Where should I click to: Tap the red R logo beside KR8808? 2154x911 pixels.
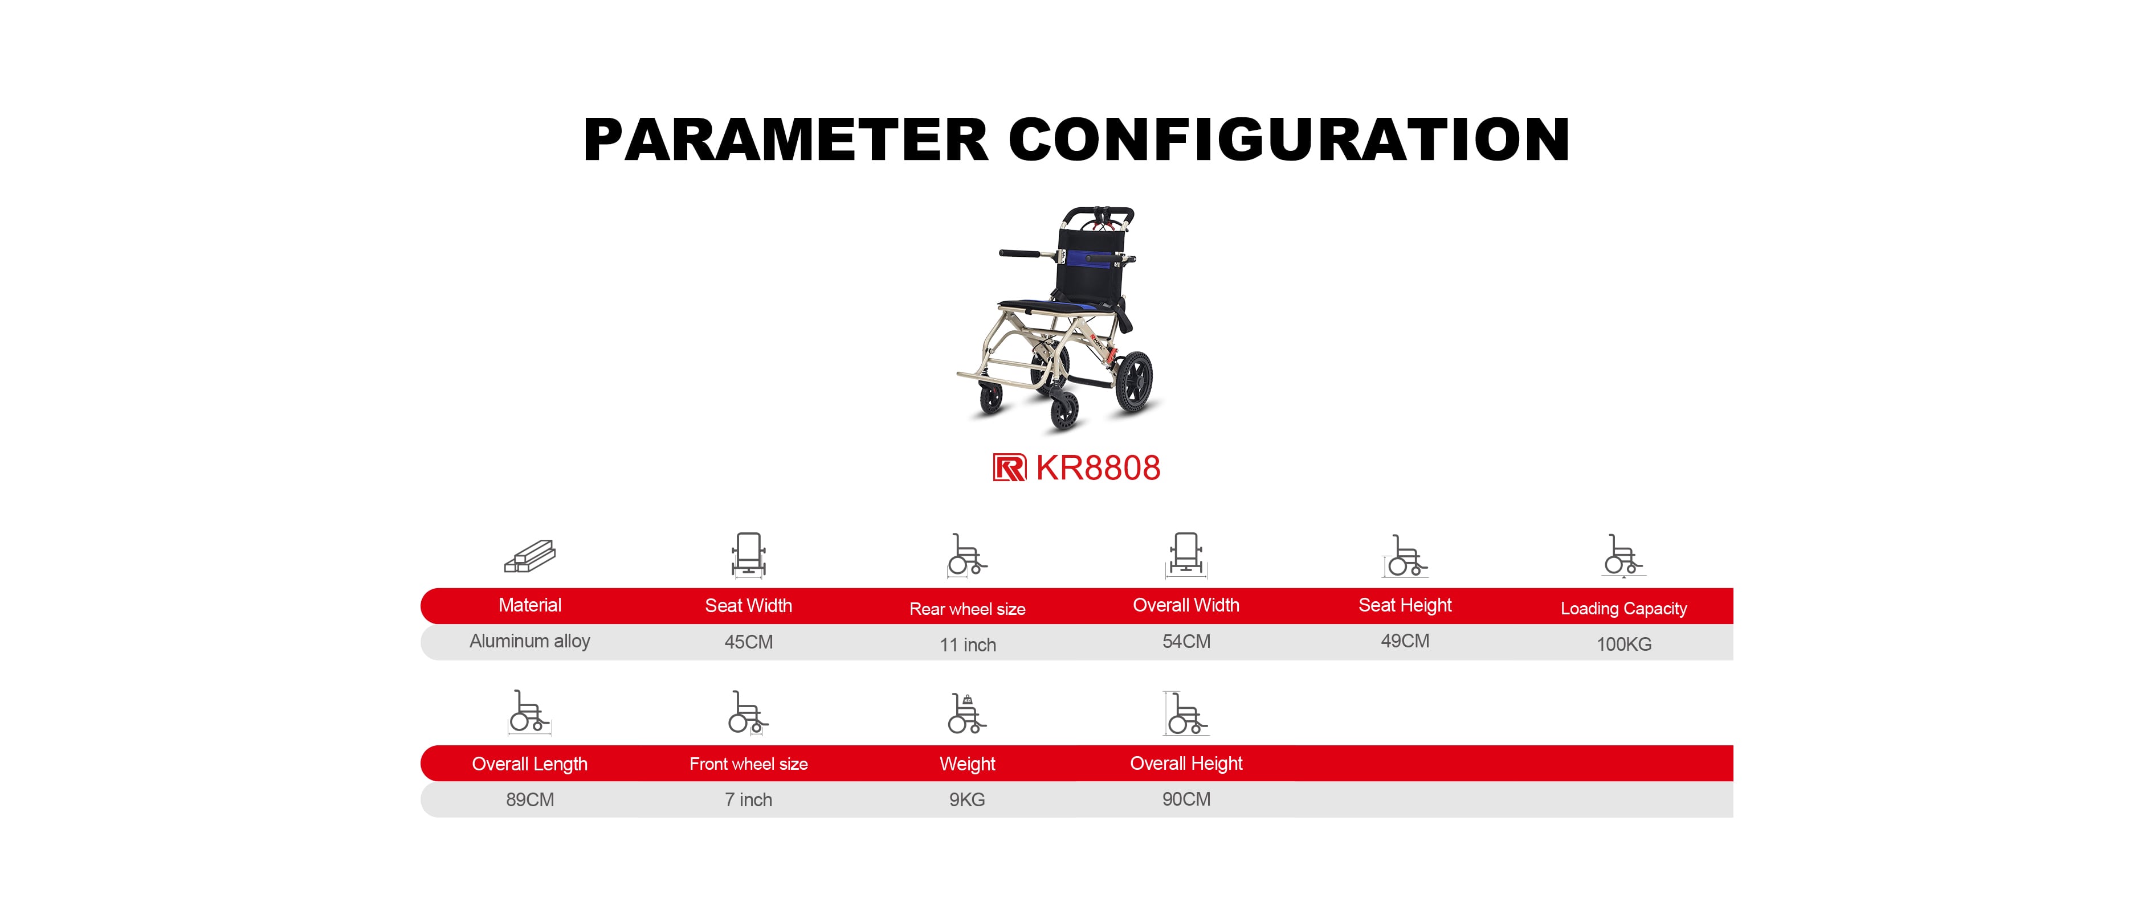pos(1009,467)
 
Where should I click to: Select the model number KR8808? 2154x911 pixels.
pos(1098,468)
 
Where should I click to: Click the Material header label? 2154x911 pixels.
pos(529,605)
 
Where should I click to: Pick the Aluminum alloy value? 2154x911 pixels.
pos(529,641)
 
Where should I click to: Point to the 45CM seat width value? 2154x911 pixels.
pos(748,642)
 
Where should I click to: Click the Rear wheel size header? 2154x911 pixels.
pos(968,609)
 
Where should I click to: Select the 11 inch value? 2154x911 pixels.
pos(968,645)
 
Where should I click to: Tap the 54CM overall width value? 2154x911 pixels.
pos(1186,641)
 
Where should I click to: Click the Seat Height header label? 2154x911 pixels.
pos(1405,606)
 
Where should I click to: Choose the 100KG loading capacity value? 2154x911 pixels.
pos(1624,643)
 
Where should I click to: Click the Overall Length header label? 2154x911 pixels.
pos(529,764)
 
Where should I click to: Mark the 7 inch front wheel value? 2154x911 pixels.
pos(748,800)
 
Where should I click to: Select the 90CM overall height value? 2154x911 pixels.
pos(1186,799)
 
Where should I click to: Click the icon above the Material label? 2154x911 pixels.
pos(529,556)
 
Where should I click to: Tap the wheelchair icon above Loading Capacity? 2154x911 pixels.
pos(1624,556)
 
